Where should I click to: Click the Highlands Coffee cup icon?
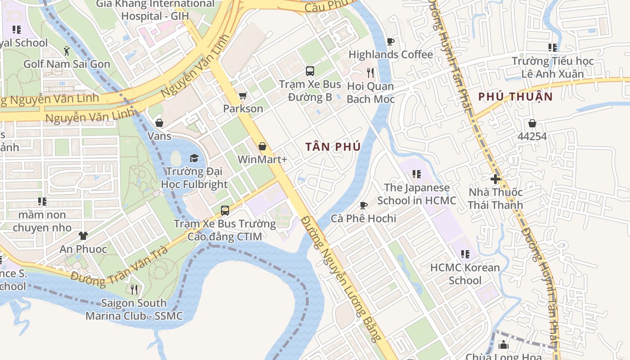pos(391,42)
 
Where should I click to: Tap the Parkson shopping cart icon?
pos(243,95)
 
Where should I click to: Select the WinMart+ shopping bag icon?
pos(262,146)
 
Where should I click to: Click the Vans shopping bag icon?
pos(159,123)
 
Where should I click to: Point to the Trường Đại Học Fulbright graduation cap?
pos(194,158)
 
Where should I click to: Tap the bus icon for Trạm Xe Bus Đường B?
pos(310,71)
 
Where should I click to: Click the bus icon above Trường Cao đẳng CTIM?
pos(225,210)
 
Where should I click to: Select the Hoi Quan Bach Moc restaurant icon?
pos(370,72)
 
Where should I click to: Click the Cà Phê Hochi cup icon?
pos(364,205)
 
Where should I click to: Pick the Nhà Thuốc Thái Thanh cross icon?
pos(495,179)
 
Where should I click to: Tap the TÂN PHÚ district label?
pos(333,147)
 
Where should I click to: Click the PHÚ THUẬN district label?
pos(515,96)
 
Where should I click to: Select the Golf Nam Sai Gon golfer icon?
pos(67,50)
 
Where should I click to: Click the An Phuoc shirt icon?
pos(83,235)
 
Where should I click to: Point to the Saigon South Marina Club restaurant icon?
pos(134,289)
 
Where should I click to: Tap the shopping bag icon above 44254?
pos(532,123)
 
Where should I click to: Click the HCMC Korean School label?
pos(465,274)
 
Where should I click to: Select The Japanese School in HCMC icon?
pos(416,174)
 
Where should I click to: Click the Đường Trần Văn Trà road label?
pos(119,267)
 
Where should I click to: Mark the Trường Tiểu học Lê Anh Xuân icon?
pos(553,47)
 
